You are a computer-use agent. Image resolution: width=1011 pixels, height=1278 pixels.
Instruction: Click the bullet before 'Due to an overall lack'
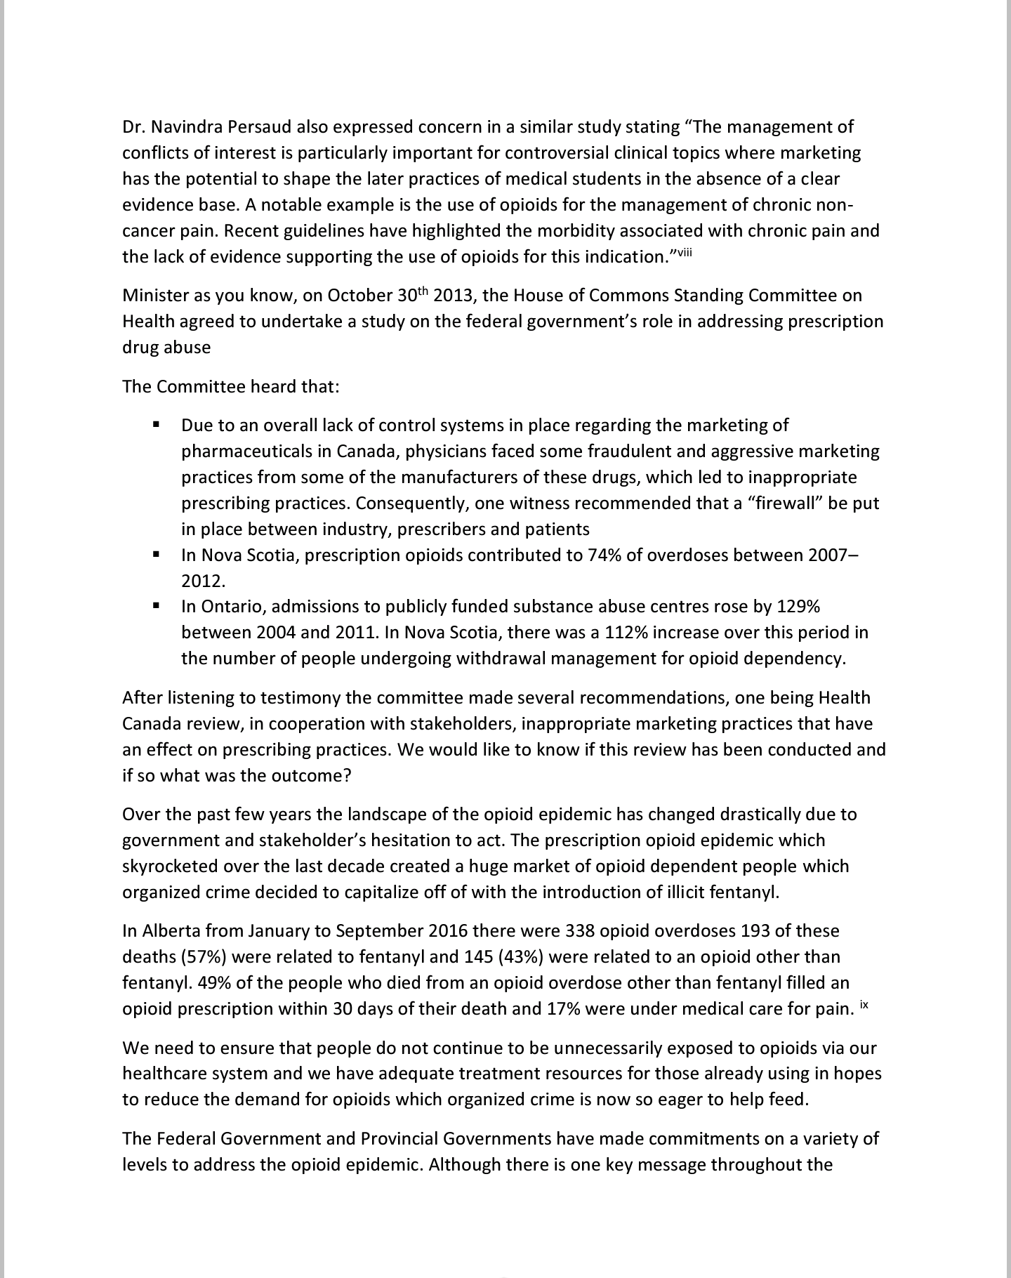click(156, 425)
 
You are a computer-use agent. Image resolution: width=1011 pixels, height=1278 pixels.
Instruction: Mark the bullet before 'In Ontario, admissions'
click(156, 605)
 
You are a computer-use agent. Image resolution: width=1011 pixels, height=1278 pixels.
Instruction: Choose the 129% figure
click(799, 607)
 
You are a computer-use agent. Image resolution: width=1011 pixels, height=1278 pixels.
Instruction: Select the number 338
click(580, 931)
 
